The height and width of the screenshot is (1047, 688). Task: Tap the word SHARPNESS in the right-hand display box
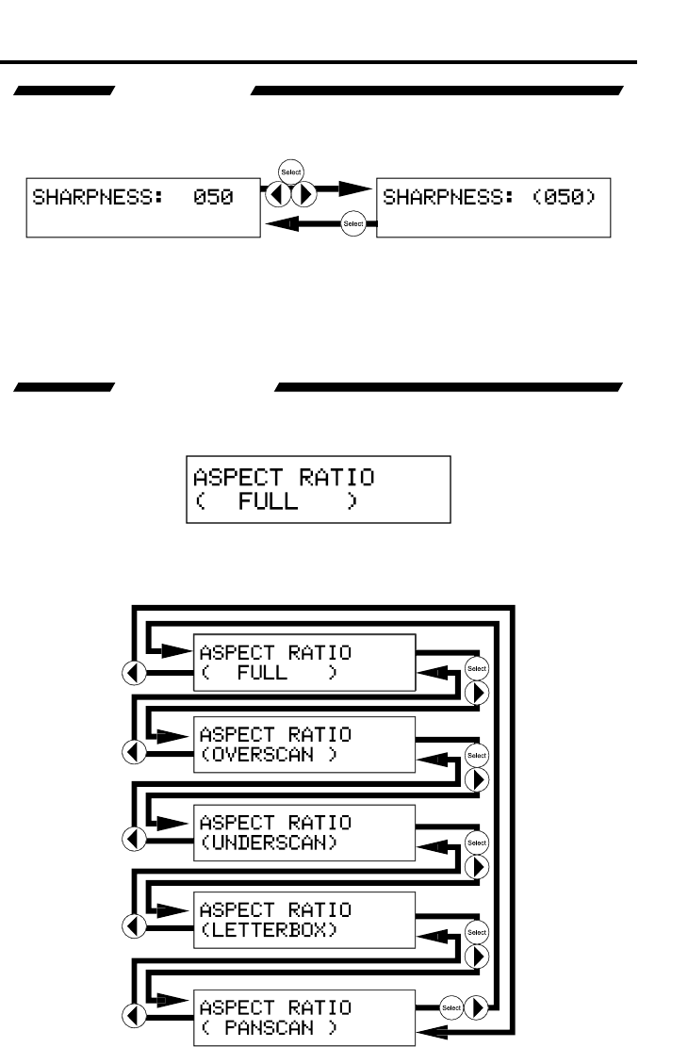point(431,200)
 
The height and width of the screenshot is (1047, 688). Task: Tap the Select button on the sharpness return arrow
point(353,223)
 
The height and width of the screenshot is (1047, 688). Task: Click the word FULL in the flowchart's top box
point(256,673)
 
